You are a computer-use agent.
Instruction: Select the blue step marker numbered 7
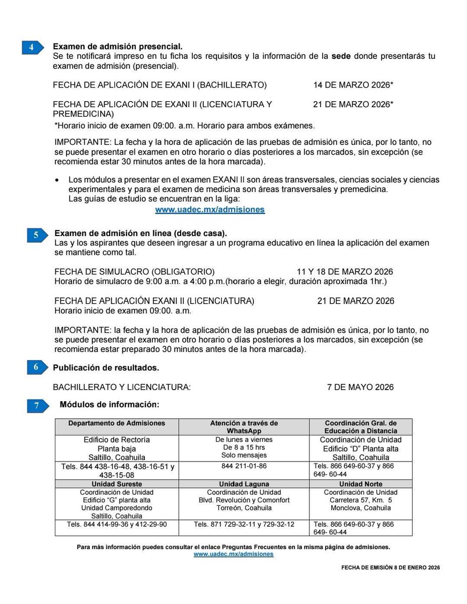(38, 406)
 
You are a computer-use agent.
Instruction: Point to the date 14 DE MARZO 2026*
(353, 85)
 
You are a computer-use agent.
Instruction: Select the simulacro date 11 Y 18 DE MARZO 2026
(345, 272)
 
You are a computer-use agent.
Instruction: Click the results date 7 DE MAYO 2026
(360, 387)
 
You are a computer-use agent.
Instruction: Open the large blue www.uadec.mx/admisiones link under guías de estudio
(210, 210)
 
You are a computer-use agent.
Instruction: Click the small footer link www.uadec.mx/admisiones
(233, 554)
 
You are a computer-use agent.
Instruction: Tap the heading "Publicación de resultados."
(106, 368)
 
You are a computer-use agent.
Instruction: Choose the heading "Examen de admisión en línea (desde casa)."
(140, 234)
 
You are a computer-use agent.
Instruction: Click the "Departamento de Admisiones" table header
(117, 423)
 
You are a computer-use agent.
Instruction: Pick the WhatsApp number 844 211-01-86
(244, 466)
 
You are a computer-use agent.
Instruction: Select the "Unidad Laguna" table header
(244, 484)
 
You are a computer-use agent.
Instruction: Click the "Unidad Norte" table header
(360, 484)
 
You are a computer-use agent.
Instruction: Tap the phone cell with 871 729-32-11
(244, 524)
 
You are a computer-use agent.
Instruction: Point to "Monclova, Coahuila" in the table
(360, 508)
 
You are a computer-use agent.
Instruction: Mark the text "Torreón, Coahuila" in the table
(244, 508)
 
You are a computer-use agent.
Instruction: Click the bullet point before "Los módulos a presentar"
(57, 180)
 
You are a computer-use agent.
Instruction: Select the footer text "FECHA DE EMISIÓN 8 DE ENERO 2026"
(391, 567)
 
